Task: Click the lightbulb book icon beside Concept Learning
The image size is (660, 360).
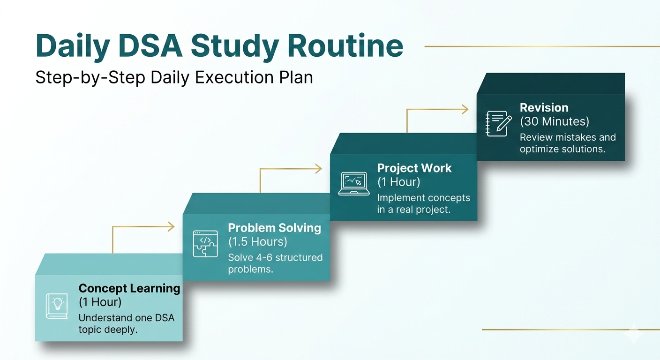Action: point(56,306)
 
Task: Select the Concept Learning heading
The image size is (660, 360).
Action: point(129,288)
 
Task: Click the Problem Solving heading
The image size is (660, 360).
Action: point(274,228)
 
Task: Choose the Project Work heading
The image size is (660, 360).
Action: point(414,168)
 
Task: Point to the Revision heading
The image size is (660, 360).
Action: point(544,108)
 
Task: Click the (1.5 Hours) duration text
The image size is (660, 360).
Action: point(257,242)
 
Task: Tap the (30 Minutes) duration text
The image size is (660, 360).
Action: point(554,121)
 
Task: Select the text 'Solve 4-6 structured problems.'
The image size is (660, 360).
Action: point(275,263)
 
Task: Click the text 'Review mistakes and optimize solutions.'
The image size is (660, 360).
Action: point(567,143)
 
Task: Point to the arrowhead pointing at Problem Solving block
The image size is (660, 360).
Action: point(172,227)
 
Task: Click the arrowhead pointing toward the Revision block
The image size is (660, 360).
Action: point(465,110)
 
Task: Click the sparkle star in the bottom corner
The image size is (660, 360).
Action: point(635,333)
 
